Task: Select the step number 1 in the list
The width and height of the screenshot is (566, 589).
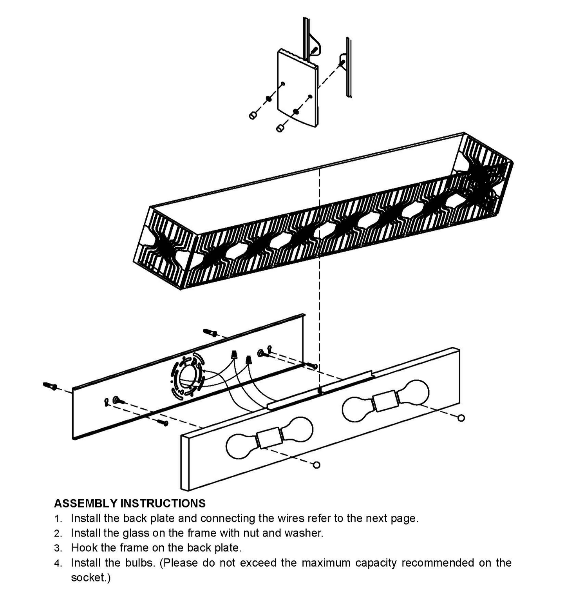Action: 58,519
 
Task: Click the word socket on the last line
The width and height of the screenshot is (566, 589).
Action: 89,578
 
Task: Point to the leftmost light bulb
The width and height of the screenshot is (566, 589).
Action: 241,446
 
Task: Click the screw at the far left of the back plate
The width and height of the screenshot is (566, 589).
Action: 50,386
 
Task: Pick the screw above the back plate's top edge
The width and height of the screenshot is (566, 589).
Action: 211,333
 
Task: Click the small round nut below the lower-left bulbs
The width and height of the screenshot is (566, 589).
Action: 317,465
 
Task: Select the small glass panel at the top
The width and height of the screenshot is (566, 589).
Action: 298,88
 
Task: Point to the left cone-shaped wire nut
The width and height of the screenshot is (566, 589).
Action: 235,355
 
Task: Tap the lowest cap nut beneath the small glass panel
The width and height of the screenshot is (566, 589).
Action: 280,128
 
